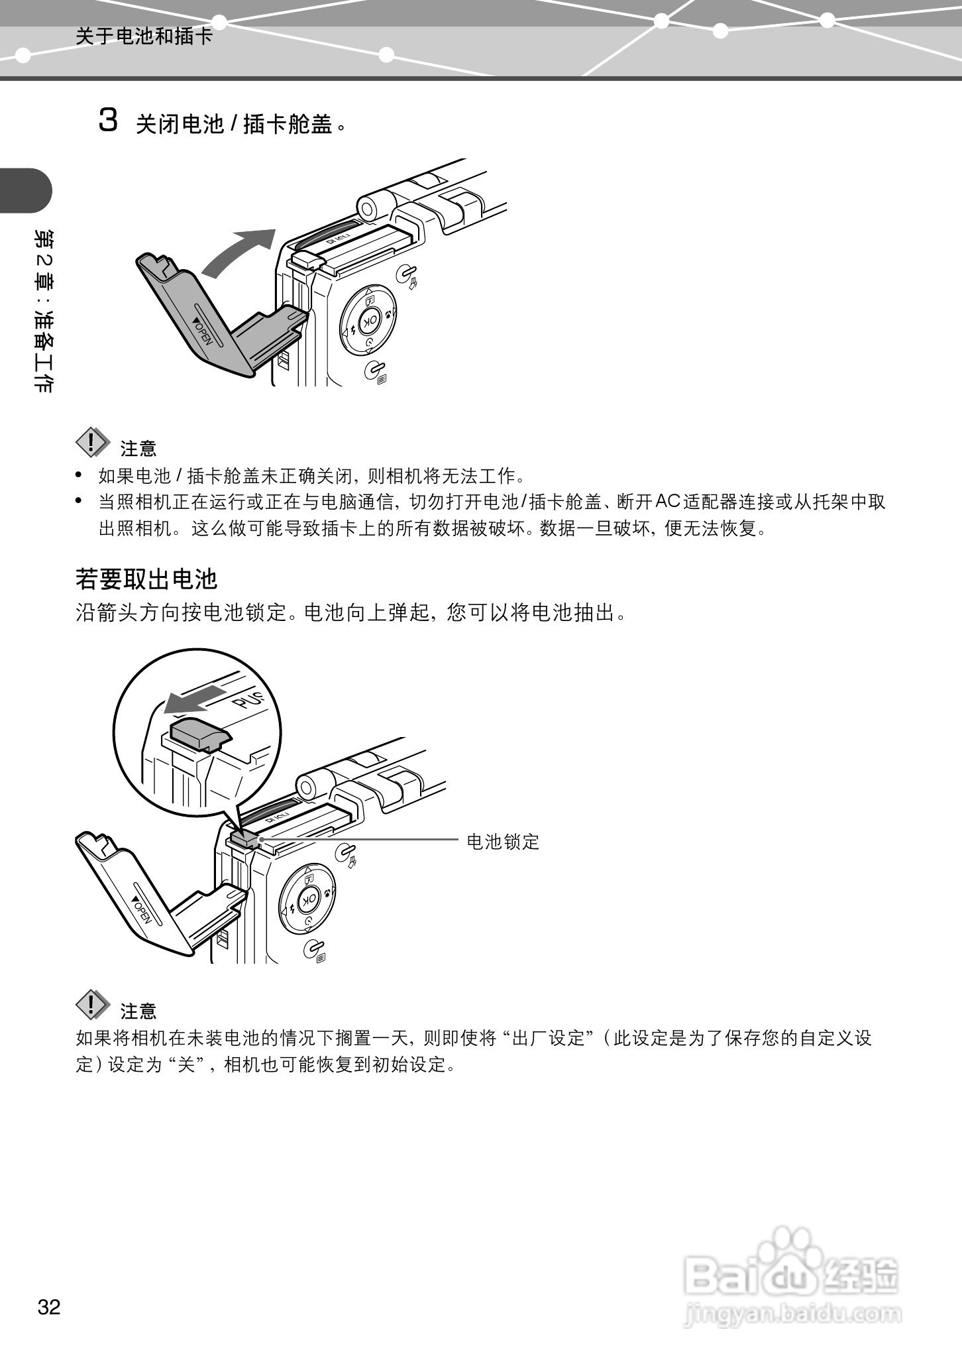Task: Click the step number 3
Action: coord(108,121)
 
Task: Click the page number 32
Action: coord(49,1307)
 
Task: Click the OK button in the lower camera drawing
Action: coord(308,900)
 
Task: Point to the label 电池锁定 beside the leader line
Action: coord(503,842)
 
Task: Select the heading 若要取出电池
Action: coord(146,579)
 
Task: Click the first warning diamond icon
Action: coord(92,443)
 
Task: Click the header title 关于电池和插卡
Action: coord(144,36)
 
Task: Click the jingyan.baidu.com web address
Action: coord(792,1314)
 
